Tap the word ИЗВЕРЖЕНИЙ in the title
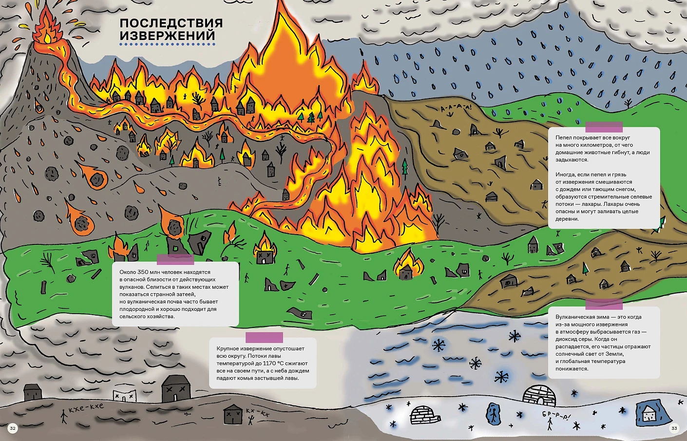(x=167, y=36)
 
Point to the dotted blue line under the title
(x=167, y=44)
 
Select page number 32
(x=13, y=428)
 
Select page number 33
(x=674, y=428)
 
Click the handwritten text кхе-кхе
(x=86, y=408)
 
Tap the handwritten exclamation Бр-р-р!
(x=555, y=416)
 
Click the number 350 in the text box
(x=142, y=272)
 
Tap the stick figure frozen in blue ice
(x=494, y=414)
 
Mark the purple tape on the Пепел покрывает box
(x=604, y=127)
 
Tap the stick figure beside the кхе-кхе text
(x=63, y=416)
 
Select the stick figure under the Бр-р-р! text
(x=550, y=425)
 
